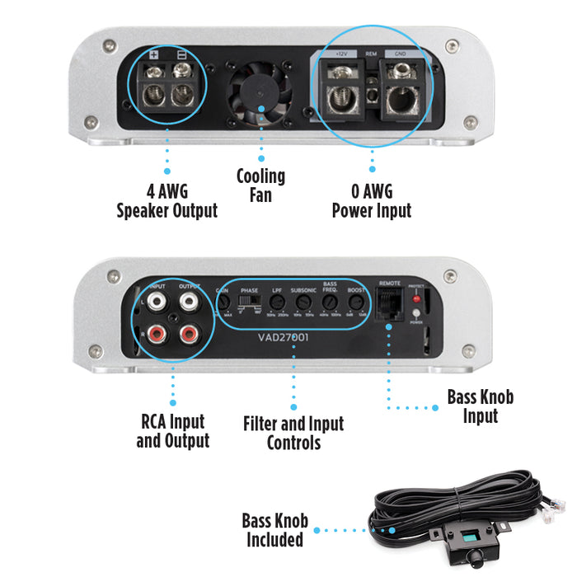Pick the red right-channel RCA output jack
189,334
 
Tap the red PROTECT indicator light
416,299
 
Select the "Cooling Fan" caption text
260,185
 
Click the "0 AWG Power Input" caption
371,201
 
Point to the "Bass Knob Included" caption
274,530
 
